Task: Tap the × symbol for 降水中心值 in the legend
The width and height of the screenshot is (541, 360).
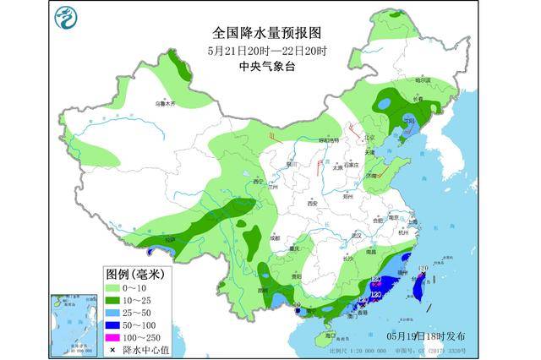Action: pyautogui.click(x=113, y=348)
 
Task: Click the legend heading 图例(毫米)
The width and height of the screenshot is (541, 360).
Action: pyautogui.click(x=135, y=274)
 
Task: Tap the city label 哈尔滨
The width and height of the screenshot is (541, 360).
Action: pyautogui.click(x=423, y=80)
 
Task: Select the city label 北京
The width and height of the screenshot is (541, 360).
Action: pyautogui.click(x=369, y=138)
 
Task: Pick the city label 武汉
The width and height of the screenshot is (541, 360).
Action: pyautogui.click(x=357, y=236)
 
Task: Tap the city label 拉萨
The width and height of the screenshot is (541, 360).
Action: pyautogui.click(x=172, y=239)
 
